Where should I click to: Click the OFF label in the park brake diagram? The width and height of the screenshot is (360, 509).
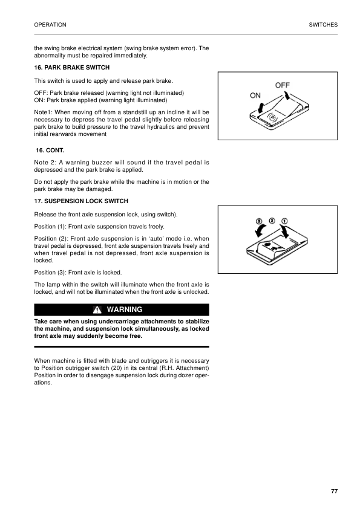pos(284,86)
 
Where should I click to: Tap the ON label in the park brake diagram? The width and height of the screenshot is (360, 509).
pos(255,96)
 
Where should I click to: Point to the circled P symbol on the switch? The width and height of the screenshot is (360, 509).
pos(272,117)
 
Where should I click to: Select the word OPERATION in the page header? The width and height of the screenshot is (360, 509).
pos(50,25)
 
